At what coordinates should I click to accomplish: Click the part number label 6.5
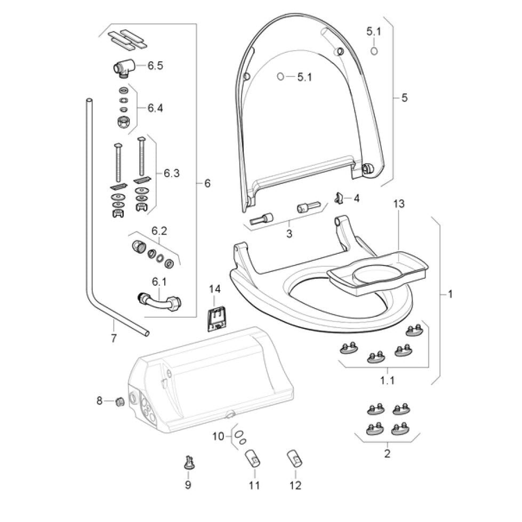click(x=155, y=66)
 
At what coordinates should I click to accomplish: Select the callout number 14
click(x=214, y=289)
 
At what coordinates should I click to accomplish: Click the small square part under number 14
click(x=216, y=318)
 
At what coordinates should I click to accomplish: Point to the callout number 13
click(x=399, y=204)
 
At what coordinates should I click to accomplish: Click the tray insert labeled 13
click(x=378, y=273)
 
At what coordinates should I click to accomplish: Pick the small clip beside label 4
click(x=337, y=198)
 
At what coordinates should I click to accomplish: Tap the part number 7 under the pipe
click(x=113, y=338)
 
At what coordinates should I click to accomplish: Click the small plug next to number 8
click(x=120, y=401)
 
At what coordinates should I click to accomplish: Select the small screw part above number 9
click(x=188, y=462)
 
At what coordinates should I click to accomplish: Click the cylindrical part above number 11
click(x=252, y=458)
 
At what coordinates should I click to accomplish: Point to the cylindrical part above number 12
click(x=294, y=458)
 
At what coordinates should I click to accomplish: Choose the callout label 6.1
click(x=159, y=281)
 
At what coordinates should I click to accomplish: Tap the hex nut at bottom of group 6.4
click(x=124, y=121)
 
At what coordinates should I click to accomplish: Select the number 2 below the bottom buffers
click(x=387, y=454)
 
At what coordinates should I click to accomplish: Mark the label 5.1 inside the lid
click(x=304, y=77)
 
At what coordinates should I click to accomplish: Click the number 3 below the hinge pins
click(x=289, y=233)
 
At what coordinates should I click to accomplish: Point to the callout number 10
click(x=219, y=437)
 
